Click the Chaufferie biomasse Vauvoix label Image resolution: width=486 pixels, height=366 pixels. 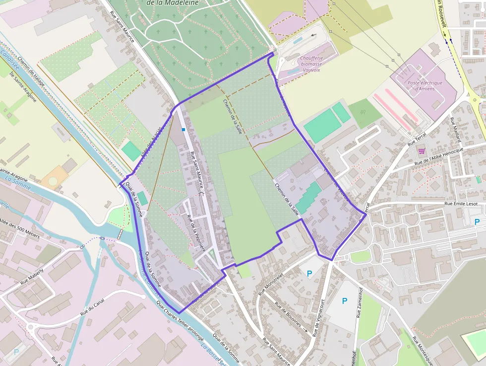tap(311, 64)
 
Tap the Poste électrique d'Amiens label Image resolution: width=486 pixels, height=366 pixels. tap(421, 86)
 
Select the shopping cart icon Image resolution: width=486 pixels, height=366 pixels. tap(422, 151)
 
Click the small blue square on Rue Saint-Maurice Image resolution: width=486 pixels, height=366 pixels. tap(183, 130)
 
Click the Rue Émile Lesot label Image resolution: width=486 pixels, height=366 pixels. tap(461, 204)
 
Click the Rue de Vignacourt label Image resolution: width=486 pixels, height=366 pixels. tap(319, 318)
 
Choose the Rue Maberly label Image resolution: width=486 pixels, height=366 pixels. tap(32, 277)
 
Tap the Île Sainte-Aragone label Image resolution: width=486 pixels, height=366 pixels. tap(23, 86)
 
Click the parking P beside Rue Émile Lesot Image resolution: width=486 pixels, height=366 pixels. tap(477, 222)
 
